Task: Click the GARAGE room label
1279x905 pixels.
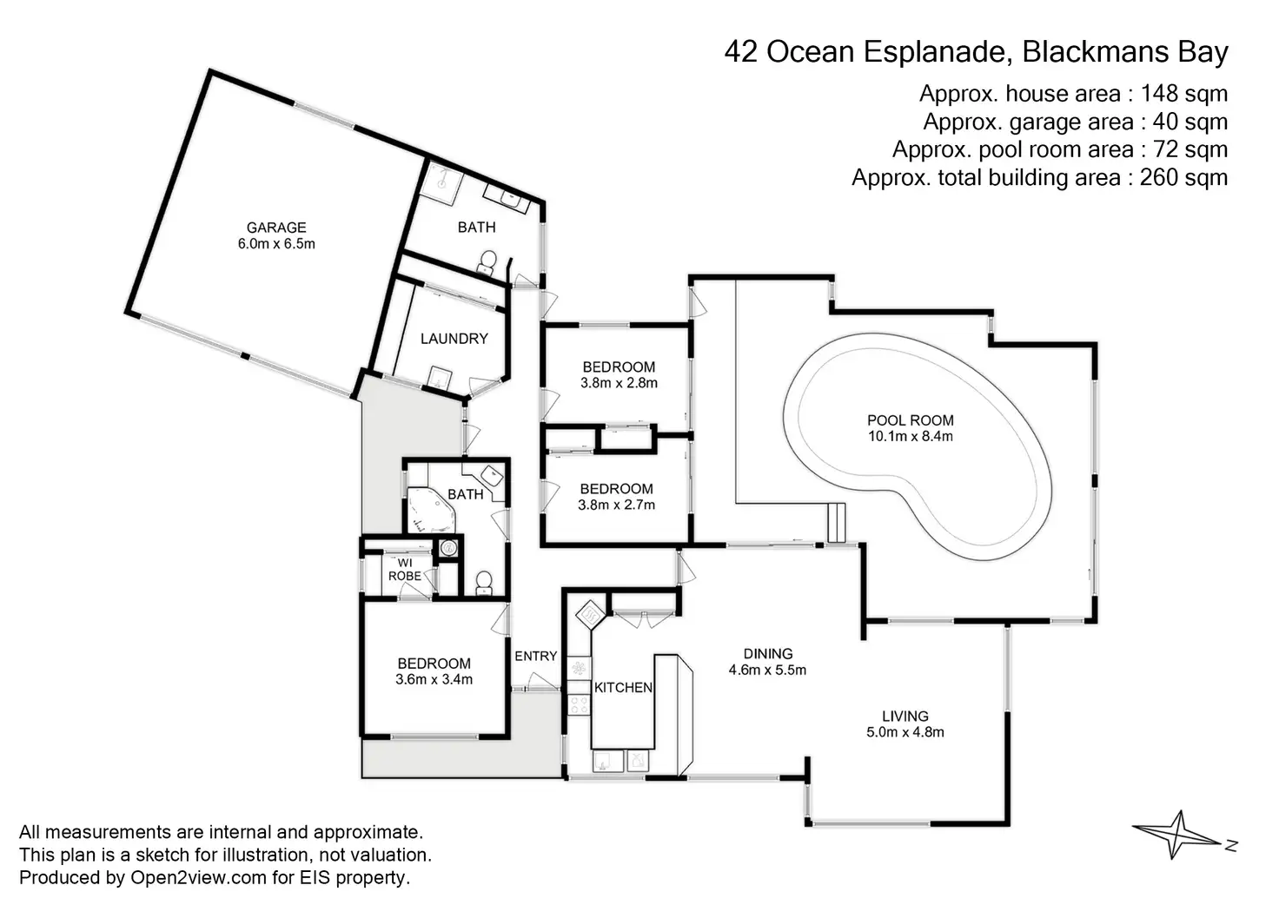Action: (276, 228)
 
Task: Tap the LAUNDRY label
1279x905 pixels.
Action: (454, 339)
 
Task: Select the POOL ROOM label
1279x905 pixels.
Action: (911, 421)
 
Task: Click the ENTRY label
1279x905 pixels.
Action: (535, 657)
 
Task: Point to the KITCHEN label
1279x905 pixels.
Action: (623, 688)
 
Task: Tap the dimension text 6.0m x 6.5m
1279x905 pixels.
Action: (276, 244)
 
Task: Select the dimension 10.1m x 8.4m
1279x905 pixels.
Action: (911, 437)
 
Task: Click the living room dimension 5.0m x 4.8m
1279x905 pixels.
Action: (905, 732)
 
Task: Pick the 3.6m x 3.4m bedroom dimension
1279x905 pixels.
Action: (434, 679)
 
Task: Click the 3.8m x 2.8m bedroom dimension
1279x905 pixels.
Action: (619, 383)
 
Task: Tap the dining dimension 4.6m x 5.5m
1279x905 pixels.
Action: (767, 670)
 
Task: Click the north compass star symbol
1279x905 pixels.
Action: (1177, 835)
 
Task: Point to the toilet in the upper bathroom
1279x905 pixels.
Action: (487, 261)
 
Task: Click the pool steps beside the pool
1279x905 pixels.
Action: (836, 523)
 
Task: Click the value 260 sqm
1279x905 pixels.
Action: (1184, 178)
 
